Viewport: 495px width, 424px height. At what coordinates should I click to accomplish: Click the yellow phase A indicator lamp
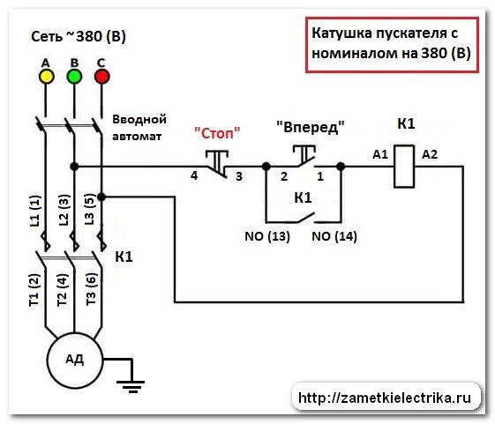46,77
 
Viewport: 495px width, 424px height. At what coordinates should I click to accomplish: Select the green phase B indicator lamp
74,77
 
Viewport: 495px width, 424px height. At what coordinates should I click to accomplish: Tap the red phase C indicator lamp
102,77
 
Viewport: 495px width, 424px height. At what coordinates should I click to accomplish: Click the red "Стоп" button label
217,133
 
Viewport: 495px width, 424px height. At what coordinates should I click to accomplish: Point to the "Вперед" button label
311,127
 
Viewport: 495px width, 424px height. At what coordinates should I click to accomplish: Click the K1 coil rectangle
404,167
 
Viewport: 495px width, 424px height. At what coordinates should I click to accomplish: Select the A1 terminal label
380,154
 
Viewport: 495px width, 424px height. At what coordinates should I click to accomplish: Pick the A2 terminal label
430,154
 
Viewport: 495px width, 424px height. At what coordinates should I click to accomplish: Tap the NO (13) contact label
267,236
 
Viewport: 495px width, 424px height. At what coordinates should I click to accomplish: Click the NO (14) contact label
334,236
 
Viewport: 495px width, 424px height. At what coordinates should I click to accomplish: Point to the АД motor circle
75,360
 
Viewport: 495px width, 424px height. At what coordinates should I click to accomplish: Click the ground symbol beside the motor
131,386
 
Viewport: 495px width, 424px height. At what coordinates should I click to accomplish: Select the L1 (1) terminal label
35,211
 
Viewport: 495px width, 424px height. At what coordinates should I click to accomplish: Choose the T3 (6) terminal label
91,288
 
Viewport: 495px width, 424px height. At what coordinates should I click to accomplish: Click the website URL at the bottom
385,398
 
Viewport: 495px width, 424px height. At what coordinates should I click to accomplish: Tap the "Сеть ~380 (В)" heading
79,36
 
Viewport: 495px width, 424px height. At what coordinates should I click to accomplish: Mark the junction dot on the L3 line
101,197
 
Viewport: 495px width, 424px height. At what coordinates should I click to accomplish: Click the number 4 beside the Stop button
194,175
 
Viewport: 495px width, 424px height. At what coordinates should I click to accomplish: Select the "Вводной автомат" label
139,128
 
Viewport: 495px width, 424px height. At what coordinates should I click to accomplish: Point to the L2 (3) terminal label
64,210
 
